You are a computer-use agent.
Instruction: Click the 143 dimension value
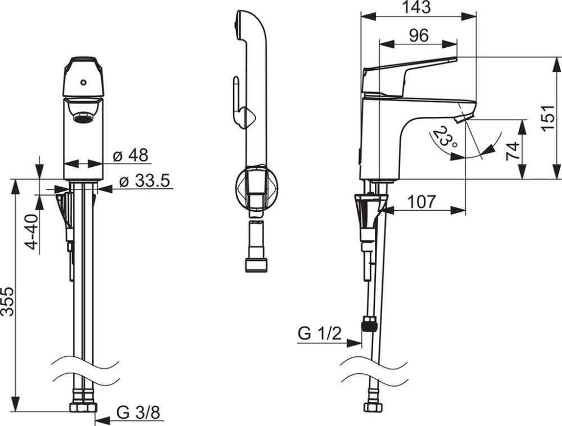(417, 7)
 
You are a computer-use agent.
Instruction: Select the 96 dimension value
(418, 35)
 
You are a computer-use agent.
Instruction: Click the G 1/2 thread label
(319, 334)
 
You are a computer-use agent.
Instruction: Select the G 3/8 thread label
(138, 413)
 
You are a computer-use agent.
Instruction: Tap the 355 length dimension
(7, 302)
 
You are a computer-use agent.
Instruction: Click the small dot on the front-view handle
(83, 82)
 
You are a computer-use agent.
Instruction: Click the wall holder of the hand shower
(256, 188)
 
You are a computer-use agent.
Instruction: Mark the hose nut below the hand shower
(256, 264)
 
